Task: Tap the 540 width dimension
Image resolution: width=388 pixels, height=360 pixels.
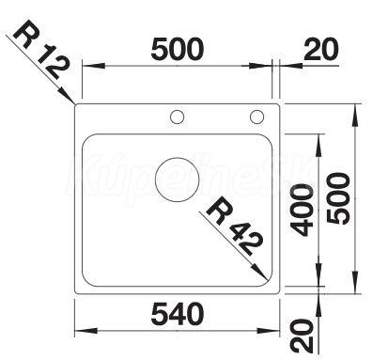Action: click(x=178, y=313)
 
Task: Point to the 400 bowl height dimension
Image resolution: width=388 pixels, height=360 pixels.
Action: click(x=302, y=211)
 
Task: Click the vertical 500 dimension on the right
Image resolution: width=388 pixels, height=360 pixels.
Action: click(x=338, y=198)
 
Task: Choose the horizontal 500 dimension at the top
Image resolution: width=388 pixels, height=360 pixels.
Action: click(x=178, y=49)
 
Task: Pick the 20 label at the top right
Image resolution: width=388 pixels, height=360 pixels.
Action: click(x=321, y=49)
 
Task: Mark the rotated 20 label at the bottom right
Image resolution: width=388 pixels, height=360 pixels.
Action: click(x=302, y=336)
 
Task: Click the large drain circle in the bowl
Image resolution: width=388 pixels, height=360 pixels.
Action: click(x=178, y=180)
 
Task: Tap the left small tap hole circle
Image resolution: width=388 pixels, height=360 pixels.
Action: click(x=177, y=117)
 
